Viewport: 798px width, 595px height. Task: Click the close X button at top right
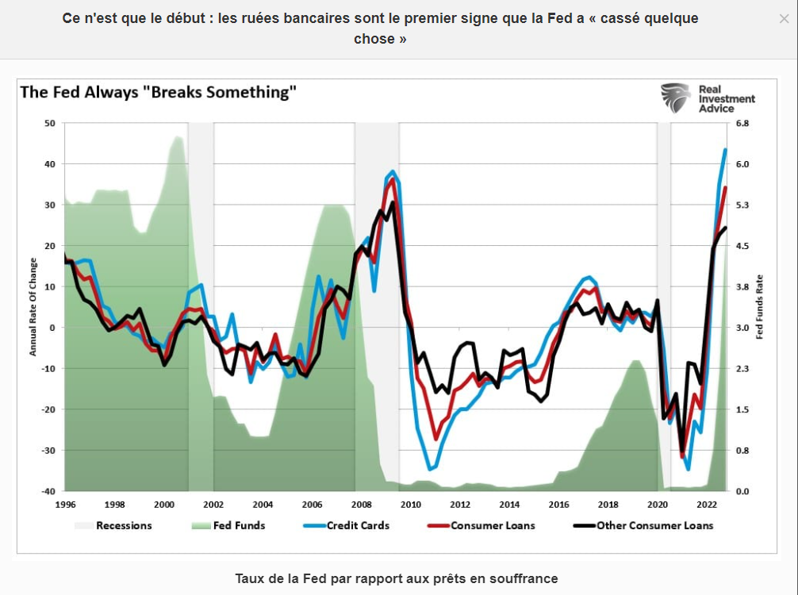(x=784, y=18)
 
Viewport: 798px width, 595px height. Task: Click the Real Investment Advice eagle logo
(x=676, y=98)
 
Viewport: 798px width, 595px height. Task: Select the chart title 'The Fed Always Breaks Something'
(x=158, y=92)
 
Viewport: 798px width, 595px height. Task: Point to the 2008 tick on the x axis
(x=361, y=505)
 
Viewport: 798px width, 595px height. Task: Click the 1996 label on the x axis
(x=65, y=505)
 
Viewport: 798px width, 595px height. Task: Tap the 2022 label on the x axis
(x=707, y=505)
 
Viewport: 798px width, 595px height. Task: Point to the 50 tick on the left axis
(x=49, y=123)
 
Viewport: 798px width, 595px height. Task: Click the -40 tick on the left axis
(x=48, y=491)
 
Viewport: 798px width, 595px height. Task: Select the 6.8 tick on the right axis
(x=742, y=123)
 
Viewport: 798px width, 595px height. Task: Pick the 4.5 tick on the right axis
(x=742, y=246)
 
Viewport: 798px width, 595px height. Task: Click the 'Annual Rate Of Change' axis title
(x=33, y=307)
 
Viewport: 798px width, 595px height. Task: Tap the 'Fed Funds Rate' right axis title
(x=759, y=307)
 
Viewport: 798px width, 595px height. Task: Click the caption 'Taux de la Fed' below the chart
(x=397, y=578)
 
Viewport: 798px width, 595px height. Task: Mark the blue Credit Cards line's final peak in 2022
(x=725, y=149)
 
